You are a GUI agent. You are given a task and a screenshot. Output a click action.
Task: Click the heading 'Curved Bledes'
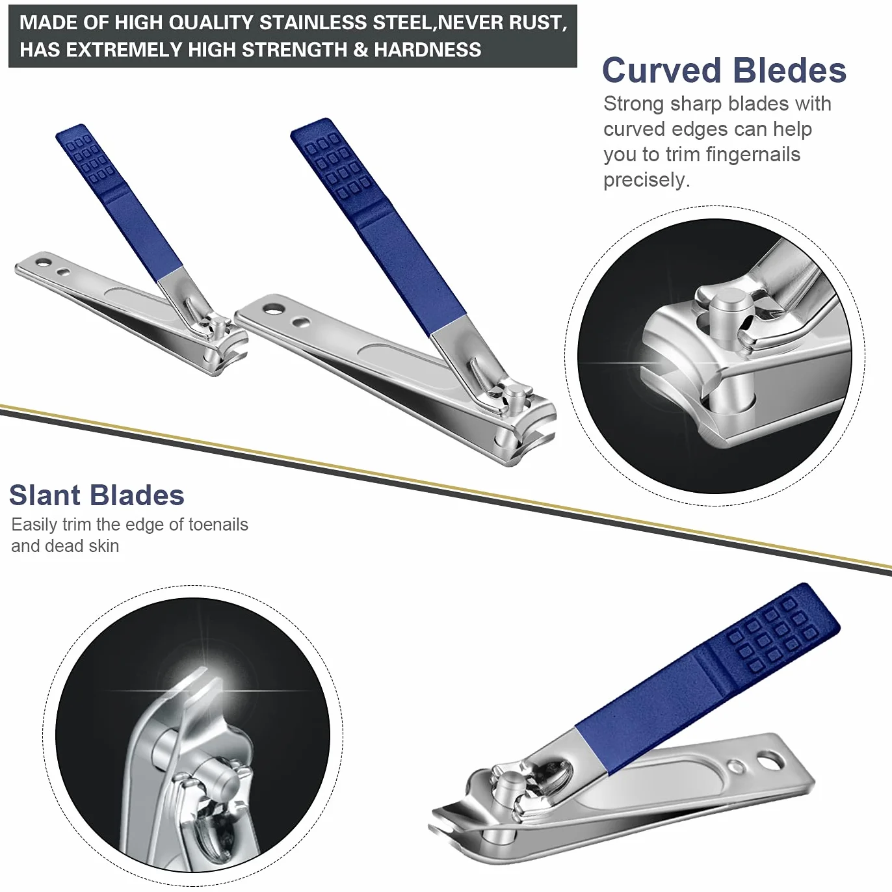pyautogui.click(x=724, y=70)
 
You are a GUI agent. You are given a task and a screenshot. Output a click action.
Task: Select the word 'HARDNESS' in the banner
pyautogui.click(x=428, y=49)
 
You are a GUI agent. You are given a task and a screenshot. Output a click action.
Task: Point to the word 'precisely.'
pyautogui.click(x=647, y=180)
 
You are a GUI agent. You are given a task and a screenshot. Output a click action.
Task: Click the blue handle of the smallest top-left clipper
pyautogui.click(x=119, y=202)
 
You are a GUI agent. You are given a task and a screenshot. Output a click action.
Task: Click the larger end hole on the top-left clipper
pyautogui.click(x=43, y=263)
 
